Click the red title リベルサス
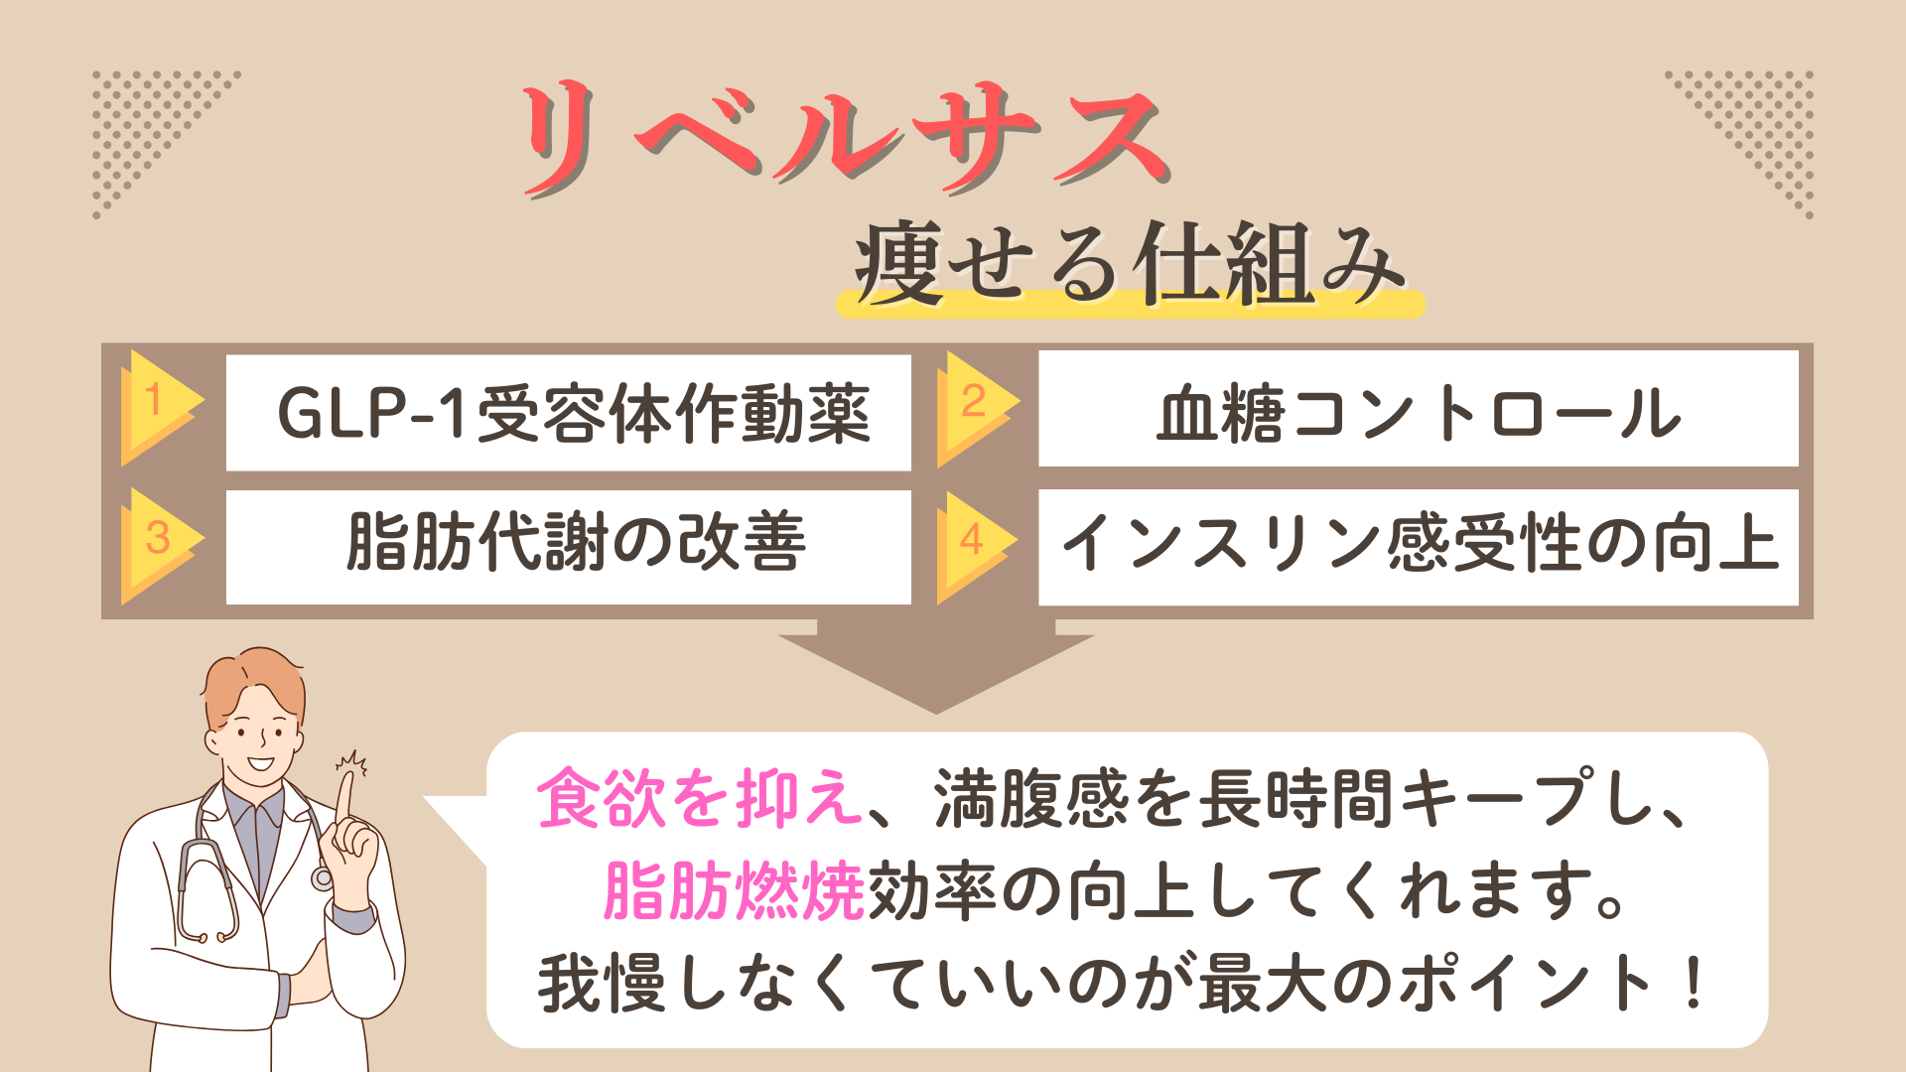(x=844, y=139)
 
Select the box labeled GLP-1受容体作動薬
(x=568, y=413)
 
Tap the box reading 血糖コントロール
(x=1418, y=410)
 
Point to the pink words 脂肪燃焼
(x=735, y=890)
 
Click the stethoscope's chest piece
(x=322, y=877)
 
